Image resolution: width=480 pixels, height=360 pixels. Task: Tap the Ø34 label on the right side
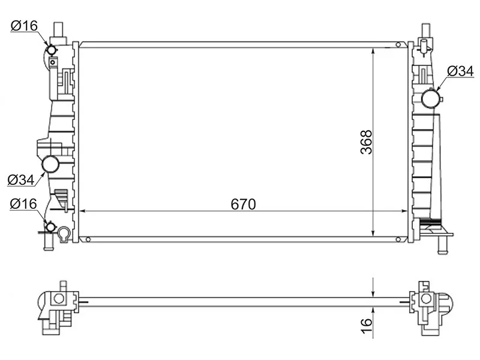point(460,71)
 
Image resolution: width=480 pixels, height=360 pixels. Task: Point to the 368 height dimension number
point(366,142)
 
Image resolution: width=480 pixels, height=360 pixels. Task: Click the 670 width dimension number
point(244,204)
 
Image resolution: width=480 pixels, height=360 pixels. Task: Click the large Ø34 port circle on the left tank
point(50,164)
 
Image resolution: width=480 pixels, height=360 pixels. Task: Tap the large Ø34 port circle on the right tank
point(431,97)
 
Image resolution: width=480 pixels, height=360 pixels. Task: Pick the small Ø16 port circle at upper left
point(52,49)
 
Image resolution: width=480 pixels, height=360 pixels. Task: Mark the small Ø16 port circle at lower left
point(51,228)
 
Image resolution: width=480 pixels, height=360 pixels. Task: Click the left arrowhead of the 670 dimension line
point(83,211)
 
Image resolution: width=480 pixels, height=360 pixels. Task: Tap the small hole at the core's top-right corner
point(398,44)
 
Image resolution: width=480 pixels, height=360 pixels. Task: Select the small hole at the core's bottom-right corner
point(398,239)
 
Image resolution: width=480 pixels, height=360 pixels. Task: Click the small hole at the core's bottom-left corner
point(88,239)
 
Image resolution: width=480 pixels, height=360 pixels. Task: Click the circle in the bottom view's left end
point(59,298)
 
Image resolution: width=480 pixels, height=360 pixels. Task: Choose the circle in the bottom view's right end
point(425,298)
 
